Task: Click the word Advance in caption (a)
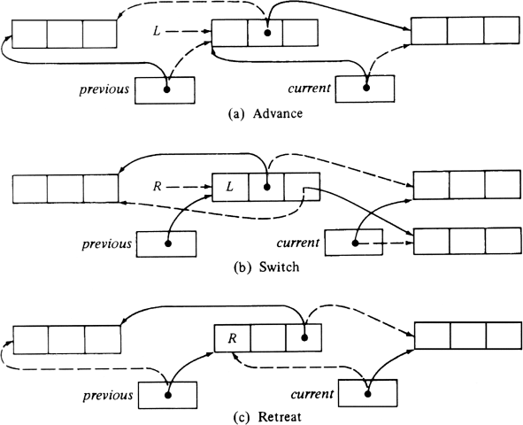(278, 113)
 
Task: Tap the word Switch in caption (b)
(279, 267)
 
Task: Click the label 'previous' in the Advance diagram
(104, 89)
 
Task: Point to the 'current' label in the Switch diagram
(298, 243)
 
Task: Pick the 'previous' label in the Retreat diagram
(108, 396)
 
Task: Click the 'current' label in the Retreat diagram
(312, 394)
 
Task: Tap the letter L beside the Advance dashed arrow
(157, 31)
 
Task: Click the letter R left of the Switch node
(158, 186)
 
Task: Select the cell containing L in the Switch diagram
(230, 187)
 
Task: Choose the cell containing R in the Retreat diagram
(232, 338)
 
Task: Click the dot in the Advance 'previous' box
(166, 89)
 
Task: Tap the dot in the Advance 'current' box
(366, 88)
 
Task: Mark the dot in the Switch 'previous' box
(168, 243)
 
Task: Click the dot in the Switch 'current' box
(355, 243)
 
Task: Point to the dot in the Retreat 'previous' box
(168, 396)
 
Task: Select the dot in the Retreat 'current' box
(368, 394)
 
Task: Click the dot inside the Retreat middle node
(304, 337)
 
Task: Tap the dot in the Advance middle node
(267, 33)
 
